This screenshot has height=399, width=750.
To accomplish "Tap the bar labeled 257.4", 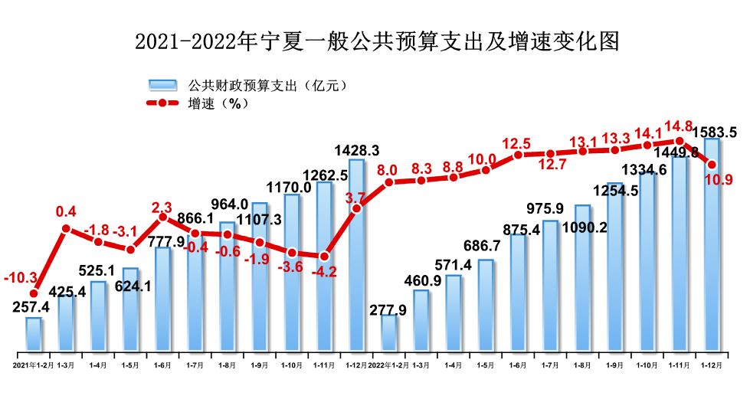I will tap(34, 335).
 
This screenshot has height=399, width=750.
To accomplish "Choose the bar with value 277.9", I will tap(389, 333).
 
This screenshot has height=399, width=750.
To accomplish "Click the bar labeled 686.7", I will tap(486, 306).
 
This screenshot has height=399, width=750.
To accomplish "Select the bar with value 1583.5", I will tap(712, 245).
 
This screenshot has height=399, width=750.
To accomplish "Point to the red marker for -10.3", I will tap(34, 293).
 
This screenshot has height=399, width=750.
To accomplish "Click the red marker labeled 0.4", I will tap(66, 228).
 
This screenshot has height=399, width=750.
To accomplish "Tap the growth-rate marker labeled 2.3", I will tap(162, 217).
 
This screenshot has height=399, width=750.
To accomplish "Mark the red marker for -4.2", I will tap(325, 256).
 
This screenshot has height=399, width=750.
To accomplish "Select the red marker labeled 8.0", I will tap(389, 182).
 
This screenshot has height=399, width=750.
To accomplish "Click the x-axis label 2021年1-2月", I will tap(31, 365).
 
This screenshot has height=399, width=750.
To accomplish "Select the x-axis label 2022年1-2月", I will tap(388, 365).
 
